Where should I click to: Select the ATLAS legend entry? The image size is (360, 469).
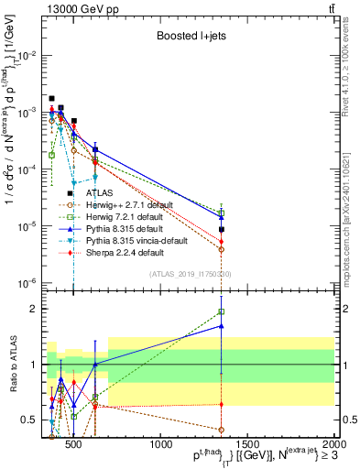100,193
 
